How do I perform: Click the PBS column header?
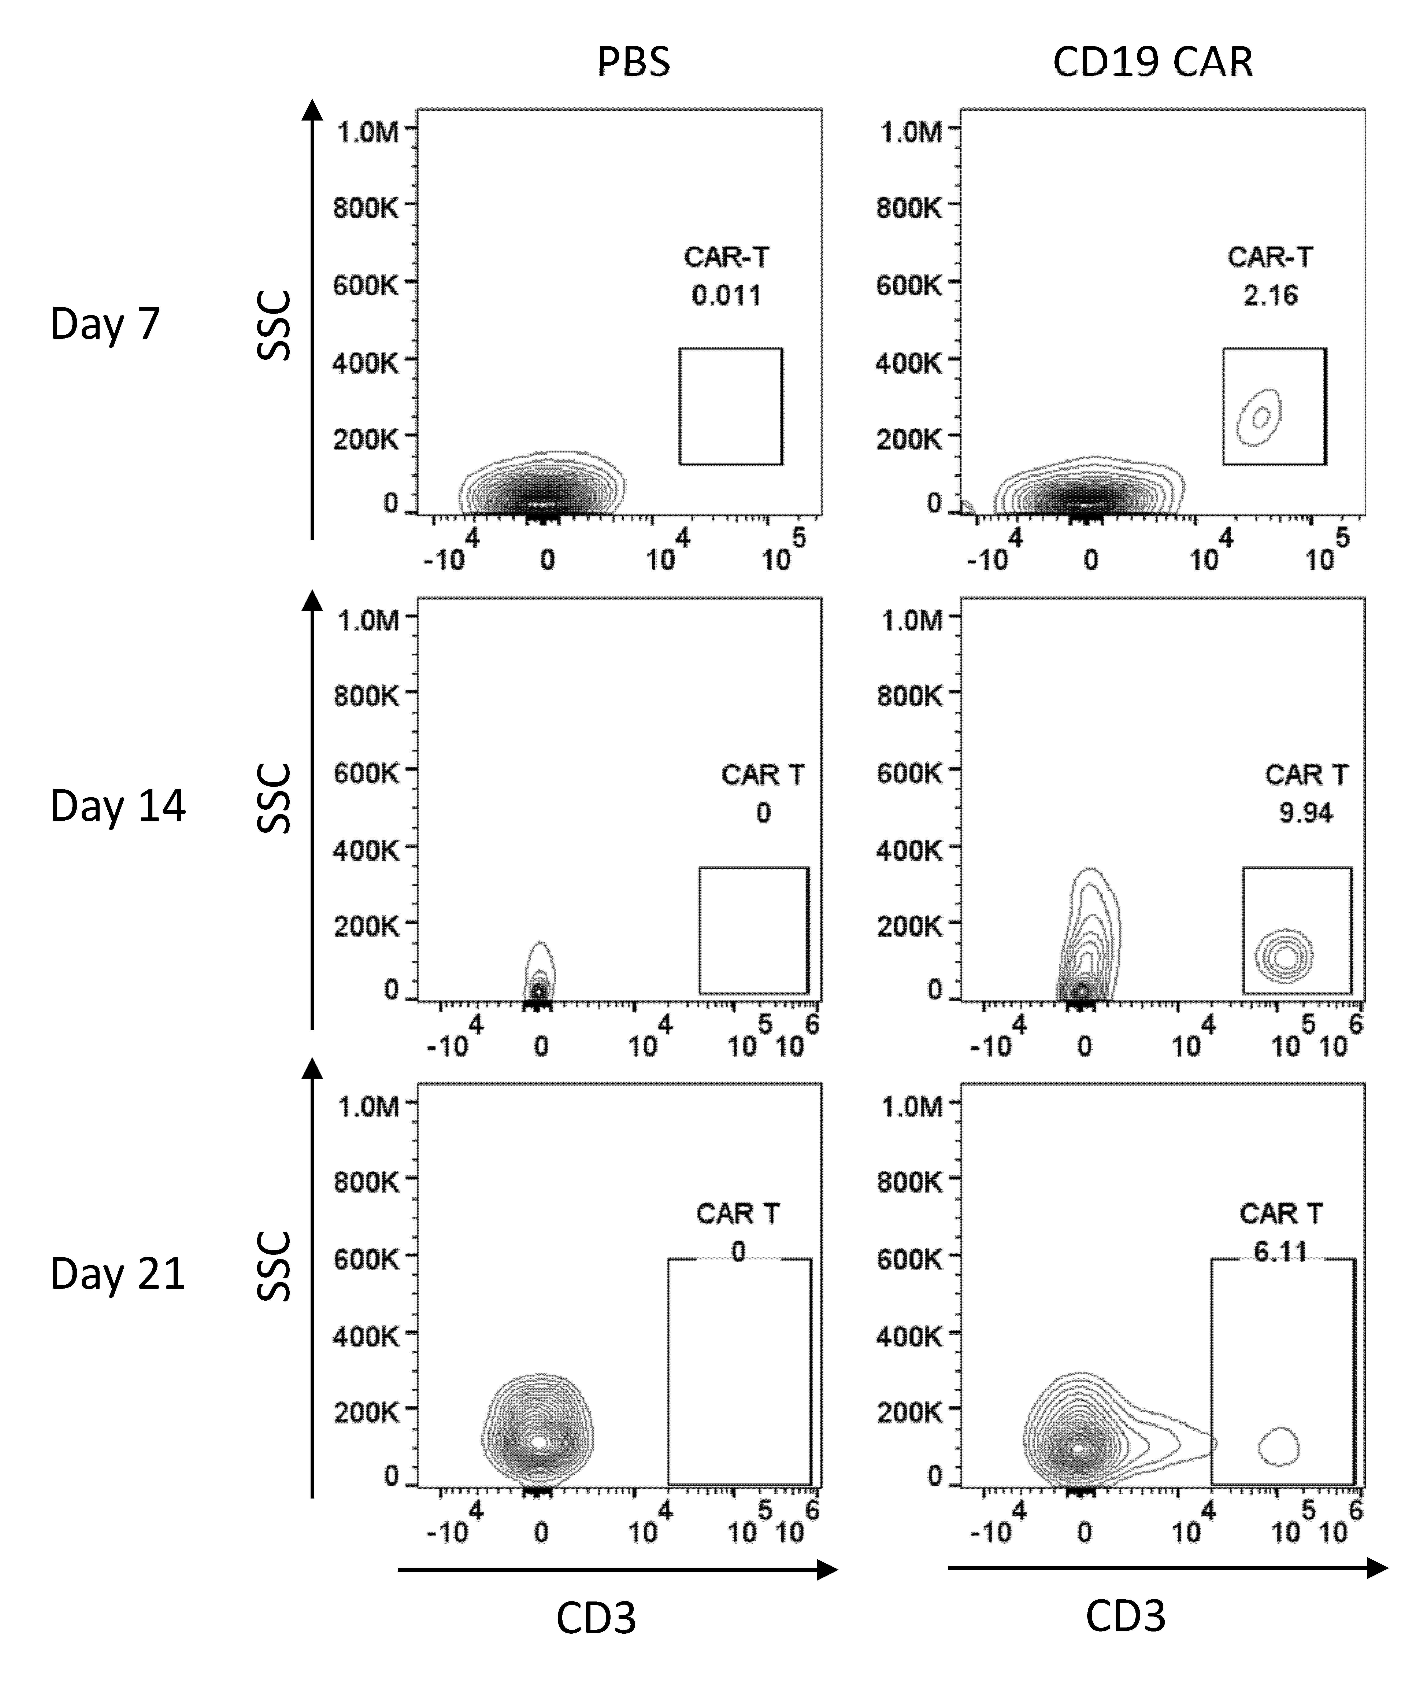click(634, 62)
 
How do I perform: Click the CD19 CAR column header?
click(1153, 62)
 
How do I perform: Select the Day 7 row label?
click(105, 325)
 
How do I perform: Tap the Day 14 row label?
click(118, 806)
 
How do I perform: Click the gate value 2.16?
click(1270, 296)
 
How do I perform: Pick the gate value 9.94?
click(1305, 812)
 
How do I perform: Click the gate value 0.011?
click(727, 296)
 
